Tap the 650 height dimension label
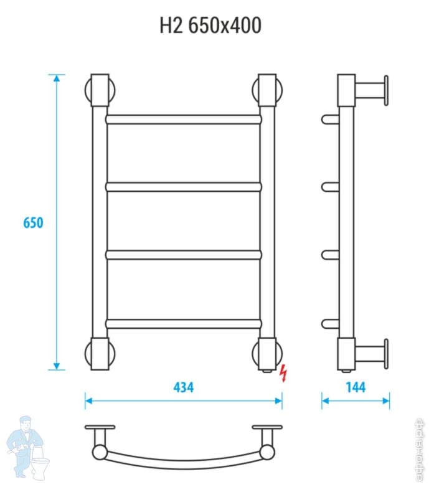[33, 222]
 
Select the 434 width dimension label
[183, 387]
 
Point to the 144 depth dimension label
[355, 387]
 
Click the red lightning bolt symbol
[284, 372]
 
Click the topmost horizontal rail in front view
[184, 118]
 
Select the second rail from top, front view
[184, 186]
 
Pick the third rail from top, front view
[184, 254]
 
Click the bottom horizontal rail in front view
[184, 323]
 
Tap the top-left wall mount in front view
[100, 90]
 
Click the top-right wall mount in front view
[268, 90]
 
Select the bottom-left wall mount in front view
[100, 354]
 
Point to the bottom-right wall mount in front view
[268, 354]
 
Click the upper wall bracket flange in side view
[386, 90]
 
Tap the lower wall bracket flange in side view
[386, 354]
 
